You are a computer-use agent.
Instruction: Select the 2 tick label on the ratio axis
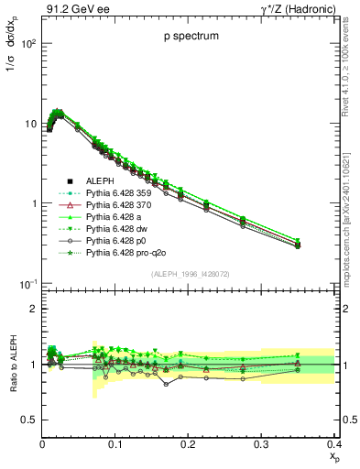(x=34, y=309)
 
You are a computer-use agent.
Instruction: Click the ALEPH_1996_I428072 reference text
(x=189, y=274)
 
